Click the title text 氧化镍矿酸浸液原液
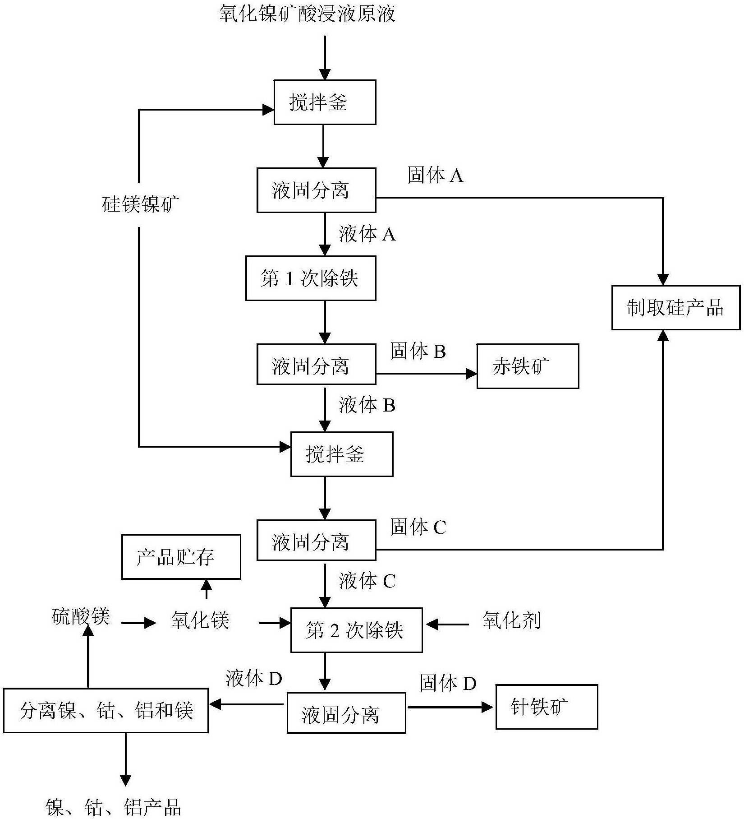307,14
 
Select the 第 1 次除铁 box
311,278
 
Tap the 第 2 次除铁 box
356,630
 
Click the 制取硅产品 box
675,307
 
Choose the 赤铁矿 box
528,366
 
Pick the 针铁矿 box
547,707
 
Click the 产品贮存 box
181,557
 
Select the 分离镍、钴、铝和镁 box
106,710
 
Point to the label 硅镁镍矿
141,204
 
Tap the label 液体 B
367,405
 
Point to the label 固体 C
418,527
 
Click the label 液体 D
254,678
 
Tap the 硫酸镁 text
81,616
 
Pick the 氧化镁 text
200,620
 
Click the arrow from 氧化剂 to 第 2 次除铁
447,625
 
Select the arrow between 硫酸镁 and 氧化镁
138,624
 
